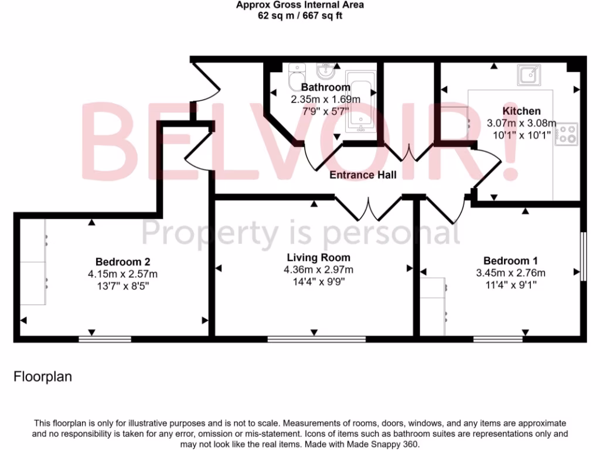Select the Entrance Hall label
tap(363, 175)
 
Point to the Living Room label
tap(319, 257)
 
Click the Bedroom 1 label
tap(510, 261)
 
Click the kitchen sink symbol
tap(529, 75)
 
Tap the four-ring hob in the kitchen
tap(567, 134)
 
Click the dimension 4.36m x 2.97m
tap(319, 270)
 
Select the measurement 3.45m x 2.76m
tap(510, 273)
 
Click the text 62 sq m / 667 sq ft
tap(300, 16)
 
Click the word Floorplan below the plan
tap(43, 377)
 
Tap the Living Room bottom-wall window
tap(316, 339)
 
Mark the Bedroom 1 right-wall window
tap(583, 256)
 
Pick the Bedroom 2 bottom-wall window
tap(105, 339)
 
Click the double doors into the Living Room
tap(368, 207)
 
